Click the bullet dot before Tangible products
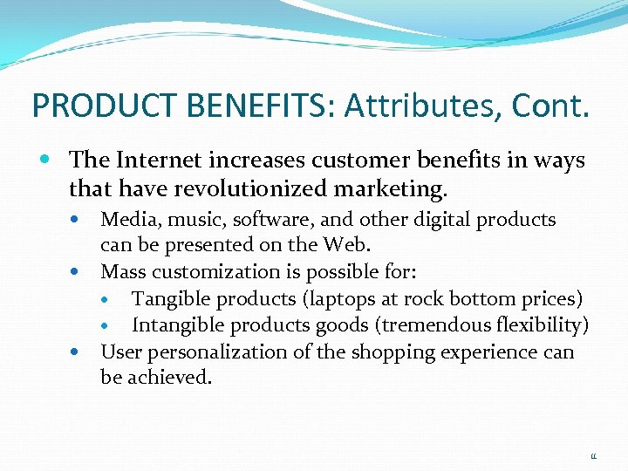[x=117, y=300]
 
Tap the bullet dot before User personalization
[x=85, y=352]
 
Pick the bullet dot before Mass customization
[x=85, y=272]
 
